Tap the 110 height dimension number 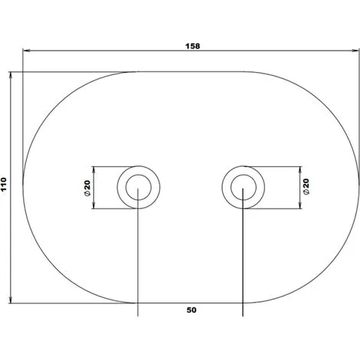pyautogui.click(x=5, y=187)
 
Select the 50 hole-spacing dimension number pyautogui.click(x=191, y=310)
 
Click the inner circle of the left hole pyautogui.click(x=138, y=186)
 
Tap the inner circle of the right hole pyautogui.click(x=243, y=186)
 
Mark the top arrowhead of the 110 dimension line pyautogui.click(x=12, y=75)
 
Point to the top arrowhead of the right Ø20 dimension pyautogui.click(x=298, y=168)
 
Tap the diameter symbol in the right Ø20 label pyautogui.click(x=306, y=196)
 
